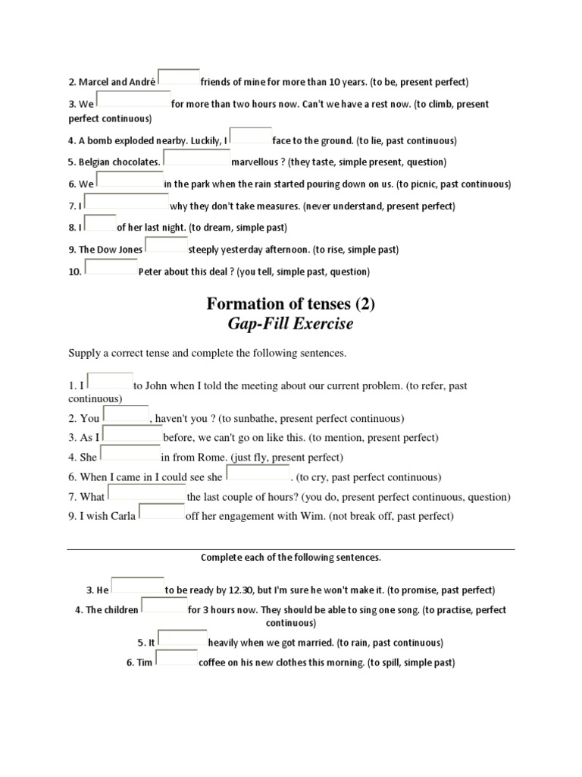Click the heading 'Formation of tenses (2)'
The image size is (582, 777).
(x=290, y=304)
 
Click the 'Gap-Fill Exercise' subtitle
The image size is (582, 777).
(x=290, y=325)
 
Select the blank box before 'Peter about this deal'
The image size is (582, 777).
(x=111, y=268)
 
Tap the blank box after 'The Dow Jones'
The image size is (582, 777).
(x=166, y=246)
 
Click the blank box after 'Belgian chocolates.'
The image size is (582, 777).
(x=196, y=159)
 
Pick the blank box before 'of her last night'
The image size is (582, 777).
(x=99, y=224)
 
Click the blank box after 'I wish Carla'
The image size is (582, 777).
(x=161, y=513)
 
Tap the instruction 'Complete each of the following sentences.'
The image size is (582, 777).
(x=290, y=558)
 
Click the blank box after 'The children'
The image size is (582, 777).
(x=164, y=606)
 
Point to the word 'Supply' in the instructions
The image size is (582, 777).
(x=84, y=354)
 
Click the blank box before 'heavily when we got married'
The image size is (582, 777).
(x=181, y=639)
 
